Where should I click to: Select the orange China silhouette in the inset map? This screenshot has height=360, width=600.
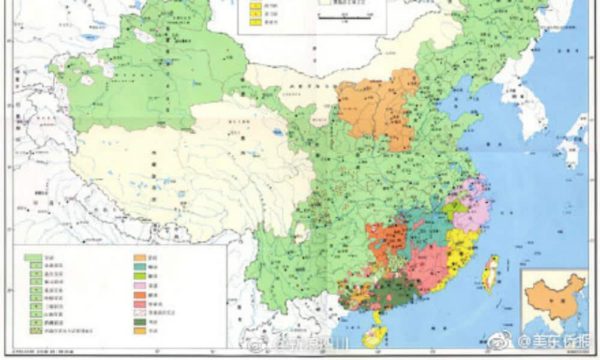[551, 299]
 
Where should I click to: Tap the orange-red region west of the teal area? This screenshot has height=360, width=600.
[385, 240]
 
